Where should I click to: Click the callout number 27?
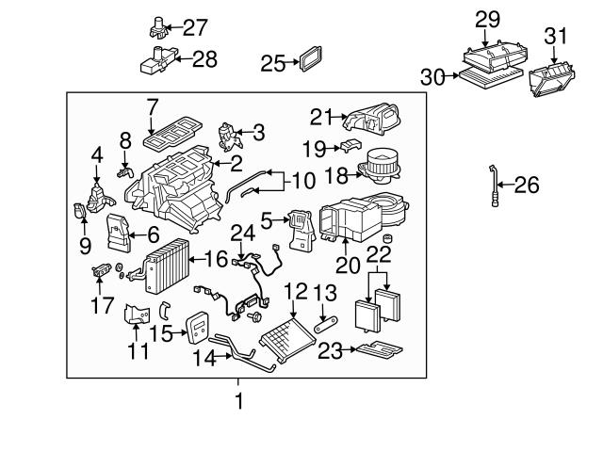click(x=194, y=27)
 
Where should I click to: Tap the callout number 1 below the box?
click(x=239, y=401)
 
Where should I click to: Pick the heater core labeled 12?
click(x=288, y=339)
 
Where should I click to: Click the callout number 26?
click(x=528, y=185)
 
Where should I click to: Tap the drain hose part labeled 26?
click(x=494, y=186)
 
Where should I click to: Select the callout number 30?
click(x=432, y=78)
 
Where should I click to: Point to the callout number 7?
click(x=152, y=107)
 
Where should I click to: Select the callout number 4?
click(x=97, y=154)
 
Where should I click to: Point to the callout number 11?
click(x=139, y=351)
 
